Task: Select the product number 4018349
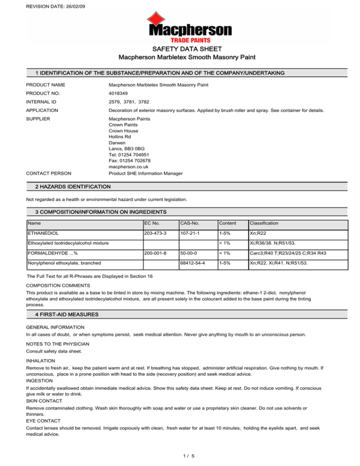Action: [x=120, y=97]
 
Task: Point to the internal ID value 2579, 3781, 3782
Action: [x=130, y=110]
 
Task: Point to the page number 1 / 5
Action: [x=180, y=454]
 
